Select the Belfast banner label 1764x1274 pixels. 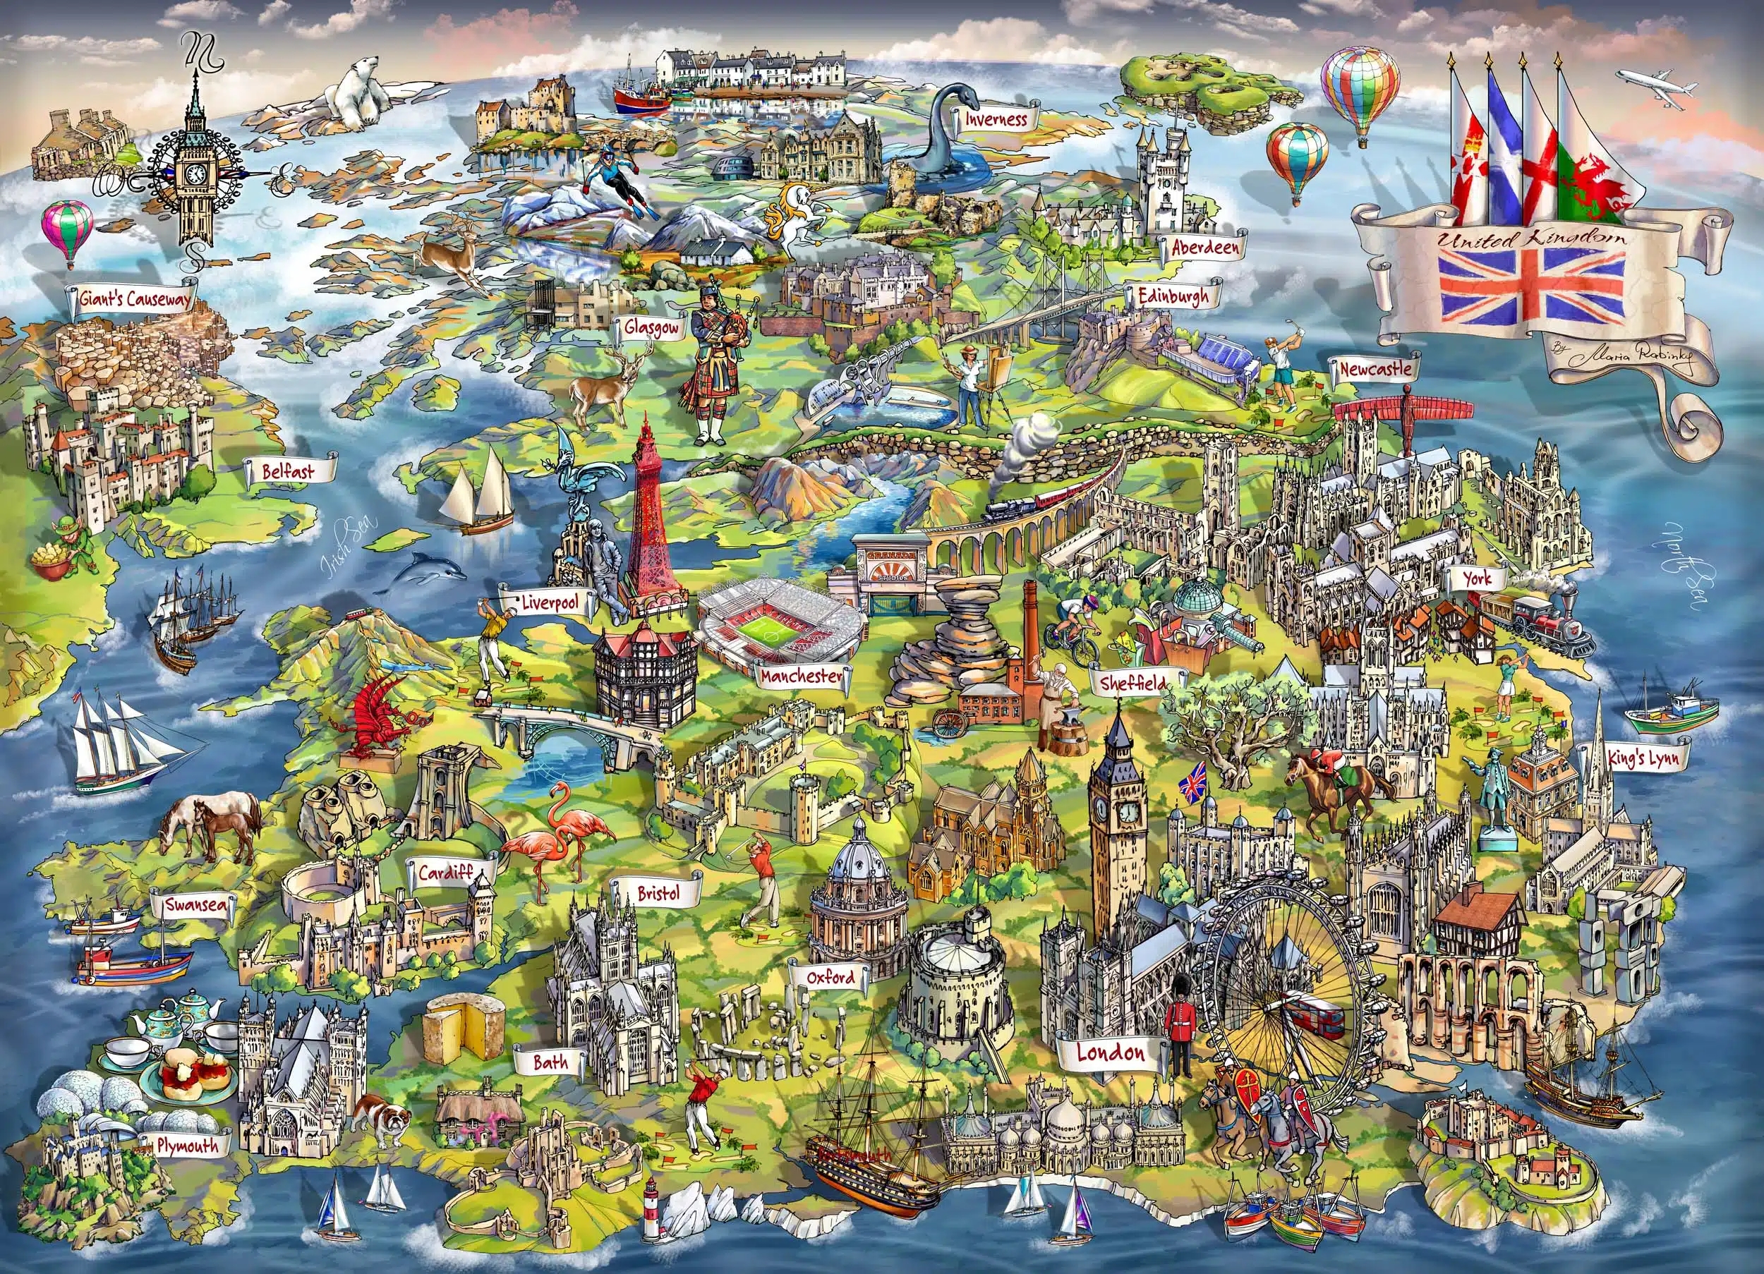[x=289, y=470]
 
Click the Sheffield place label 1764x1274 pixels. [x=1132, y=683]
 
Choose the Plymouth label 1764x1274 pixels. [x=187, y=1145]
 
